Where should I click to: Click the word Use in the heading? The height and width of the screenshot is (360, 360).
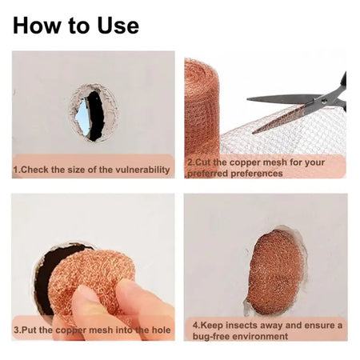click(118, 26)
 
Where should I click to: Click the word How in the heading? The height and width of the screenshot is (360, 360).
click(37, 26)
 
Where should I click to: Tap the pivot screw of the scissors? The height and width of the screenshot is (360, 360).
click(324, 101)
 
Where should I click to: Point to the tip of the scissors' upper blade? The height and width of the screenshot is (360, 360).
click(247, 99)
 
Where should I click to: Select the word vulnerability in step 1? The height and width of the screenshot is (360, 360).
click(142, 170)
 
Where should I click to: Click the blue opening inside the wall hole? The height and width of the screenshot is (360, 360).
click(82, 118)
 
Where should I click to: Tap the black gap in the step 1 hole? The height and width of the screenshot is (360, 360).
click(96, 116)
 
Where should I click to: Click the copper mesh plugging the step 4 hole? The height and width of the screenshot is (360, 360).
click(277, 271)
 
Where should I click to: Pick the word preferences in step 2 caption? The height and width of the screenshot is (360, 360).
click(257, 174)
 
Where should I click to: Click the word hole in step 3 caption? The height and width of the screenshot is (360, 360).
click(161, 330)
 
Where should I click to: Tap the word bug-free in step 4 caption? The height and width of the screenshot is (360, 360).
click(210, 336)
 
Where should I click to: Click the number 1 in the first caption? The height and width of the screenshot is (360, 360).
click(15, 170)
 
